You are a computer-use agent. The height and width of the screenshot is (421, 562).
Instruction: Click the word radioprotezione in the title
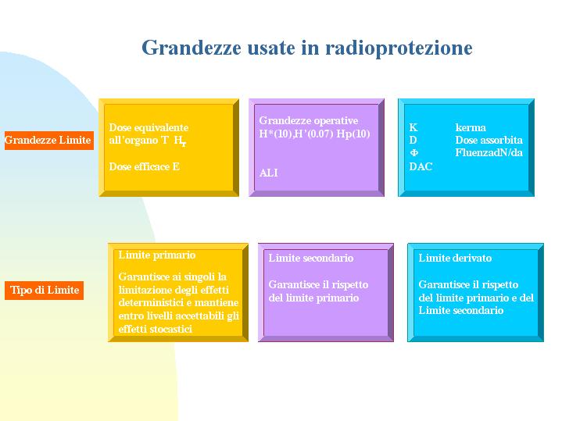(399, 48)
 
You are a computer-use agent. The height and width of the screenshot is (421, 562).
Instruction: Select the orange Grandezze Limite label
(49, 140)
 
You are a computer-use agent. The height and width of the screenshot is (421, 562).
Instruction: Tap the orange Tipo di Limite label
(44, 291)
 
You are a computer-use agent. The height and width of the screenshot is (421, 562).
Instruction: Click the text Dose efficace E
(144, 166)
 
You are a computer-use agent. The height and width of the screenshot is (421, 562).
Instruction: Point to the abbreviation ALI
(268, 173)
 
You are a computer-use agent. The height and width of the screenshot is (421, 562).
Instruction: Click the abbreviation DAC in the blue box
(421, 166)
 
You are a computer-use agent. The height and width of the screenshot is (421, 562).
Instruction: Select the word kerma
(471, 127)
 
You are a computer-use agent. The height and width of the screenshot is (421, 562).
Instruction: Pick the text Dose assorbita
(489, 140)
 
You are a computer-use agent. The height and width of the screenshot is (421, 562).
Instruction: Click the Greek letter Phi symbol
(413, 153)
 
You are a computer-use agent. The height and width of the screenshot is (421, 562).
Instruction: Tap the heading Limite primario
(157, 255)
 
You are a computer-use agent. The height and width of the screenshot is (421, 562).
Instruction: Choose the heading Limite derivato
(455, 258)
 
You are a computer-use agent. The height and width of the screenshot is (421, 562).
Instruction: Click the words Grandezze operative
(309, 120)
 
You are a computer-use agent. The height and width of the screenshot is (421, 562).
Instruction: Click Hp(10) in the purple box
(353, 134)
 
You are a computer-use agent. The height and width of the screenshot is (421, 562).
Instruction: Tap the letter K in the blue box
(413, 127)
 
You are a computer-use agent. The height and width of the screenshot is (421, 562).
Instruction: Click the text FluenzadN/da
(489, 152)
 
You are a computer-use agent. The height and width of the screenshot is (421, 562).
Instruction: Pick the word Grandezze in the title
(192, 48)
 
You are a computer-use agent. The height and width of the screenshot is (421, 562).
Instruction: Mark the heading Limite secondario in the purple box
(311, 258)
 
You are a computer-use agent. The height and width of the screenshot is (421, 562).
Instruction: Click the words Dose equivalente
(149, 127)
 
